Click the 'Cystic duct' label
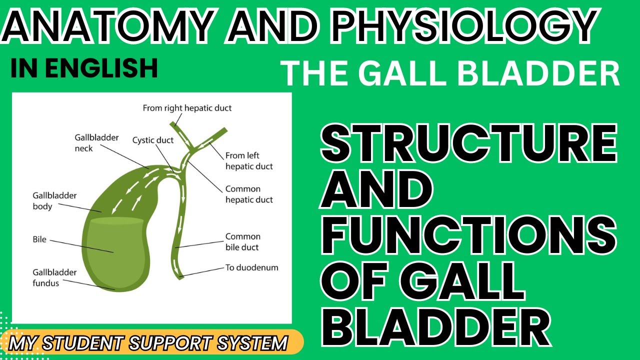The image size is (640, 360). [x=152, y=140]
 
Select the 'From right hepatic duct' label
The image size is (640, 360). [x=187, y=108]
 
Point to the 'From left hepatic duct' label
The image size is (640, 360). [x=249, y=161]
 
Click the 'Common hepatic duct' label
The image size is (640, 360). [x=249, y=194]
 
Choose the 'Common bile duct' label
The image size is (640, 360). [x=242, y=242]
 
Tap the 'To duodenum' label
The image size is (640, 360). [x=251, y=267]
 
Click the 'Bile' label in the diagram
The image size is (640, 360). [x=39, y=239]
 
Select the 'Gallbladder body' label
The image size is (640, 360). [x=54, y=201]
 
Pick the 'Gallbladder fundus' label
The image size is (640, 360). [x=54, y=277]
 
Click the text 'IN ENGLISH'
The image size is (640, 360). [x=83, y=68]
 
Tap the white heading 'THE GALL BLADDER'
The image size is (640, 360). [x=450, y=74]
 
